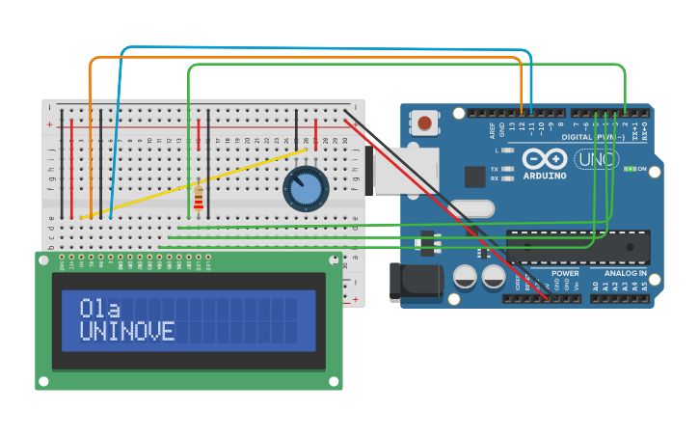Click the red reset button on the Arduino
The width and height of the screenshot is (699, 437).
coord(424,123)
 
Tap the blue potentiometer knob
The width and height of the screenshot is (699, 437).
coord(306,189)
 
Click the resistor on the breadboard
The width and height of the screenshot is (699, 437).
coord(199,198)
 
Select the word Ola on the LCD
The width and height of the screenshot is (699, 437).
coord(100,309)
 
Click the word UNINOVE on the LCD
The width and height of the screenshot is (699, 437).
coord(127,332)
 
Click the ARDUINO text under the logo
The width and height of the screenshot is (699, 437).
coord(545,177)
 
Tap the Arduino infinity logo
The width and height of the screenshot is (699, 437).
coord(545,159)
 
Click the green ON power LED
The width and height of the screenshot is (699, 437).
coord(629,169)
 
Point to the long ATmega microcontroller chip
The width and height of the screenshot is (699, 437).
coord(578,247)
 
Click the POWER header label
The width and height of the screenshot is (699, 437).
coord(565,274)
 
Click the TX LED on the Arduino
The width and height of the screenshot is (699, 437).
coord(508,169)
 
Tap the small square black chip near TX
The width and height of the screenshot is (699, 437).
coord(474,177)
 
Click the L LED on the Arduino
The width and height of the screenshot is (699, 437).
coord(508,150)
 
